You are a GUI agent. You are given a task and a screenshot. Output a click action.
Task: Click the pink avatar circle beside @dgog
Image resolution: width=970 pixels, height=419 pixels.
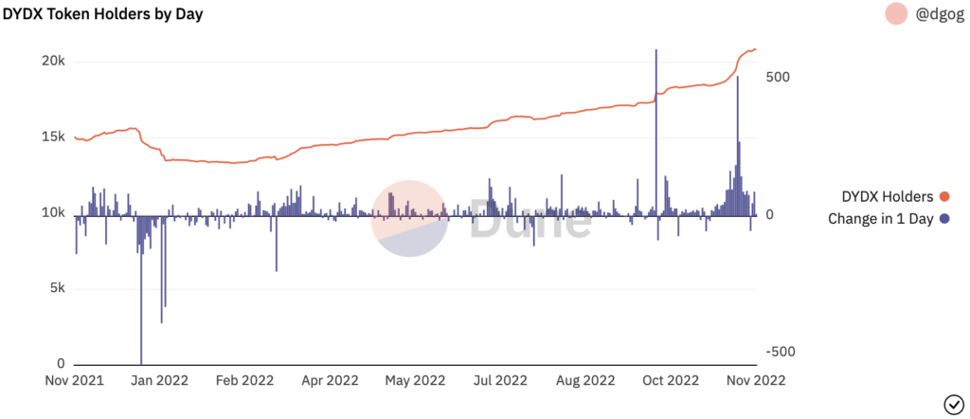coord(896,13)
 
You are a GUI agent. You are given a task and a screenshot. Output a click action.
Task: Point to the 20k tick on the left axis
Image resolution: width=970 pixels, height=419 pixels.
coord(52,62)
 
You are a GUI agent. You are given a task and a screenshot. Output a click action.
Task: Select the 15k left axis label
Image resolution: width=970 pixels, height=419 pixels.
coord(52,137)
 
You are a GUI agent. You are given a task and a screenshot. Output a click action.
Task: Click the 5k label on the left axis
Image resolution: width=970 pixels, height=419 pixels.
coord(56,288)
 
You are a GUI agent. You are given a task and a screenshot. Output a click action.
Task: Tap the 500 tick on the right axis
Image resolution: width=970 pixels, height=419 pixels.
coord(777,77)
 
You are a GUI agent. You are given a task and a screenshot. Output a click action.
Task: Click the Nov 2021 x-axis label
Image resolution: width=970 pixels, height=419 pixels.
coord(75,380)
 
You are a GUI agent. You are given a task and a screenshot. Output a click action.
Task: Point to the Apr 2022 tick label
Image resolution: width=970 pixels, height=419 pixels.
coord(329,380)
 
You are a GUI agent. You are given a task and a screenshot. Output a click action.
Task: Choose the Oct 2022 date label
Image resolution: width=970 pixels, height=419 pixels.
coord(670,380)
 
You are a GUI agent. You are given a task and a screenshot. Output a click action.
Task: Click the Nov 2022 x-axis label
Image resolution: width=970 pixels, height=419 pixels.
coord(756,380)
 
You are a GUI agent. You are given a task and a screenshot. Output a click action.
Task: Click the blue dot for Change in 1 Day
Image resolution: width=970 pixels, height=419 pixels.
coord(944,218)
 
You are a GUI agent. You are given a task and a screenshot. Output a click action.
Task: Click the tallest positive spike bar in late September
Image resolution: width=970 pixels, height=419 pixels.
coord(656,133)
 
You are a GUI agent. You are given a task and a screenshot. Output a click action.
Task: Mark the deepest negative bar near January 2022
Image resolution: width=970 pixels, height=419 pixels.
coord(141,290)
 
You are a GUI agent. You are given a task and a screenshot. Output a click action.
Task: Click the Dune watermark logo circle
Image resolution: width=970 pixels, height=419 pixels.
coord(409,218)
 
